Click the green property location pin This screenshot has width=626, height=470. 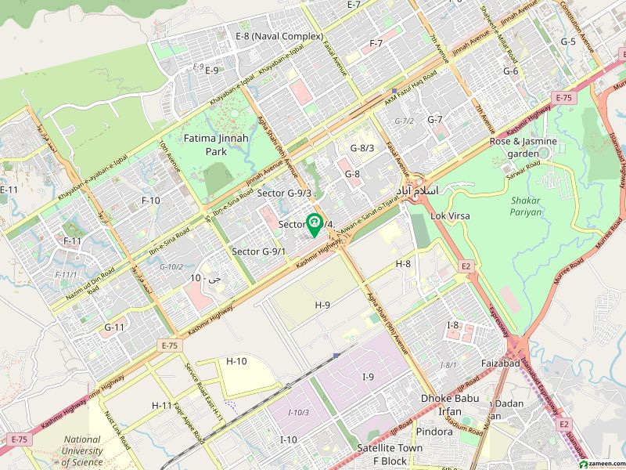315,225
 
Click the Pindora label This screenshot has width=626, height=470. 434,432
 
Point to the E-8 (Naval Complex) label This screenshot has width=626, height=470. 279,36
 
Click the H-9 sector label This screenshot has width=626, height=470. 323,304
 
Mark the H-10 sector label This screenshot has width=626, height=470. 236,361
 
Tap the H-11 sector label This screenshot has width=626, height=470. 162,404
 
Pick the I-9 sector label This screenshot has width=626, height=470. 368,378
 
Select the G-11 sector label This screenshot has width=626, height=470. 114,327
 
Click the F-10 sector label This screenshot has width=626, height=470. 150,201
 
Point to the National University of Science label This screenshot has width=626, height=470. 82,450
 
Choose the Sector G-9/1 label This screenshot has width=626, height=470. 259,251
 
